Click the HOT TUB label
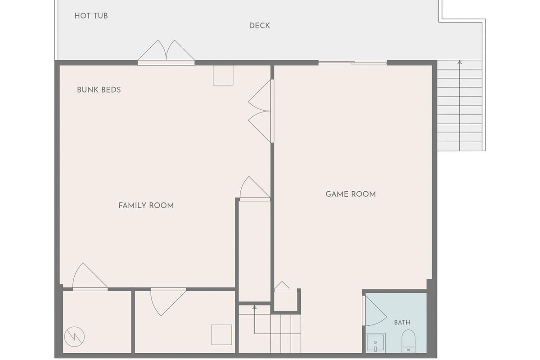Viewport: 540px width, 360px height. pyautogui.click(x=91, y=16)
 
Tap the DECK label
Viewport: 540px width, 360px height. pyautogui.click(x=259, y=26)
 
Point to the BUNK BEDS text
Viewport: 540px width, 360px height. pyautogui.click(x=99, y=90)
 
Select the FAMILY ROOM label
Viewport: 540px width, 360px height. pyautogui.click(x=146, y=206)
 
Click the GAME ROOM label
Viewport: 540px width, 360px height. pyautogui.click(x=351, y=194)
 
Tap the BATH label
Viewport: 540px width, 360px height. pyautogui.click(x=402, y=322)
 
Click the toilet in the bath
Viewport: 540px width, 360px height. pyautogui.click(x=409, y=342)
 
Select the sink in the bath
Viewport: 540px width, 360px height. pyautogui.click(x=376, y=343)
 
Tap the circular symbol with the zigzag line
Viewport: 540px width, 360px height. pyautogui.click(x=74, y=337)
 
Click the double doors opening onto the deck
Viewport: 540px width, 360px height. pyautogui.click(x=166, y=52)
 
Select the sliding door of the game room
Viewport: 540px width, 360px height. pyautogui.click(x=353, y=63)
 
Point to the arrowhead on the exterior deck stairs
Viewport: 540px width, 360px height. pyautogui.click(x=459, y=62)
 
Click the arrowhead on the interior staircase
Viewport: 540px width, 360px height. pyautogui.click(x=254, y=307)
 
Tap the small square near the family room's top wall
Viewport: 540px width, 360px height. pyautogui.click(x=223, y=75)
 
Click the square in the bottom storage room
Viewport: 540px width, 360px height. pyautogui.click(x=221, y=335)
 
